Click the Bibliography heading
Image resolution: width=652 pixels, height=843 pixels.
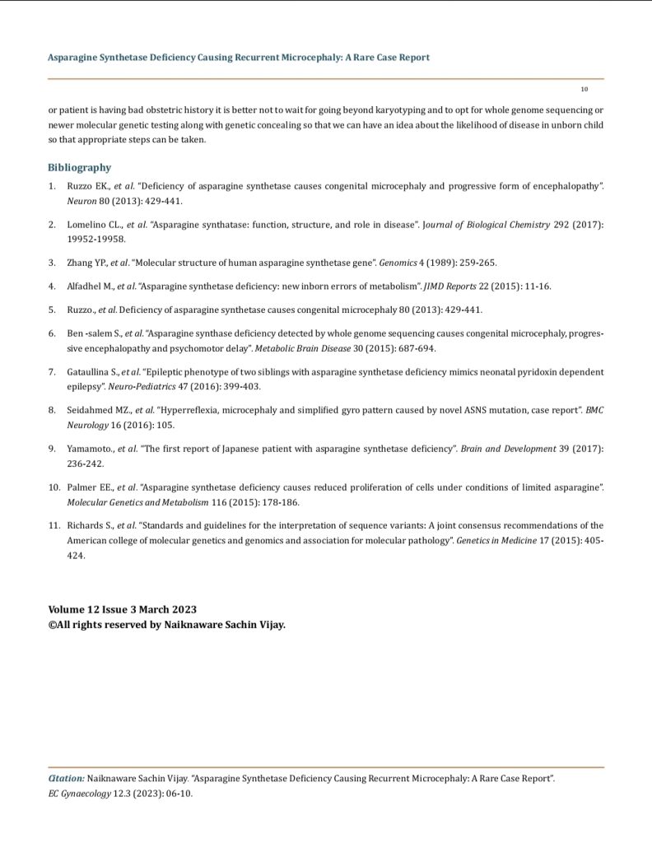[x=79, y=167]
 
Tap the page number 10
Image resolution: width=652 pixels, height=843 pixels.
[x=583, y=88]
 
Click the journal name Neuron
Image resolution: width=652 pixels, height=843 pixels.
[x=81, y=200]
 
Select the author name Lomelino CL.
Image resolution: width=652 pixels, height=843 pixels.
[x=92, y=225]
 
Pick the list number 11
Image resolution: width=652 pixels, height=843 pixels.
[x=54, y=524]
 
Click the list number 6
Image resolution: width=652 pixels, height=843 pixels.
[x=52, y=335]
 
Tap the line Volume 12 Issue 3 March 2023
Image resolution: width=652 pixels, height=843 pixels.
[x=123, y=610]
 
